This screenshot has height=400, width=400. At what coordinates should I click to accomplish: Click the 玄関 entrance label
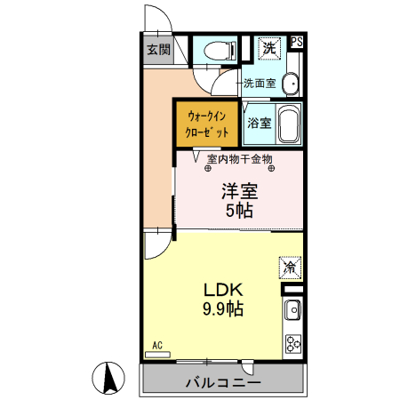(x=159, y=50)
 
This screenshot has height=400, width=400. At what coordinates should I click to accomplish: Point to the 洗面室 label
(x=260, y=84)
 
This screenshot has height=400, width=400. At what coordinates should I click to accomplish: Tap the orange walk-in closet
(x=207, y=124)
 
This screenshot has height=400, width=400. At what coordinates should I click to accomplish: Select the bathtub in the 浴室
(x=288, y=124)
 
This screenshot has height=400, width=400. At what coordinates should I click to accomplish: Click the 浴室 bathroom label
(x=259, y=123)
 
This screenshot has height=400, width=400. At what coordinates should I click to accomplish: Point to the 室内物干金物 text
(x=239, y=160)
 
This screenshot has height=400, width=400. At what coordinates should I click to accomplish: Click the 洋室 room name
(x=239, y=191)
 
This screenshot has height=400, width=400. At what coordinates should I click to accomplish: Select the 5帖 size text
(x=239, y=211)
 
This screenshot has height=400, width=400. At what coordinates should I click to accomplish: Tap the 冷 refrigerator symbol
(x=290, y=266)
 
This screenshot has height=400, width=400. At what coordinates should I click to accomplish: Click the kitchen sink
(x=292, y=311)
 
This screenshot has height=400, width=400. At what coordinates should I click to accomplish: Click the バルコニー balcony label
(x=223, y=383)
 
